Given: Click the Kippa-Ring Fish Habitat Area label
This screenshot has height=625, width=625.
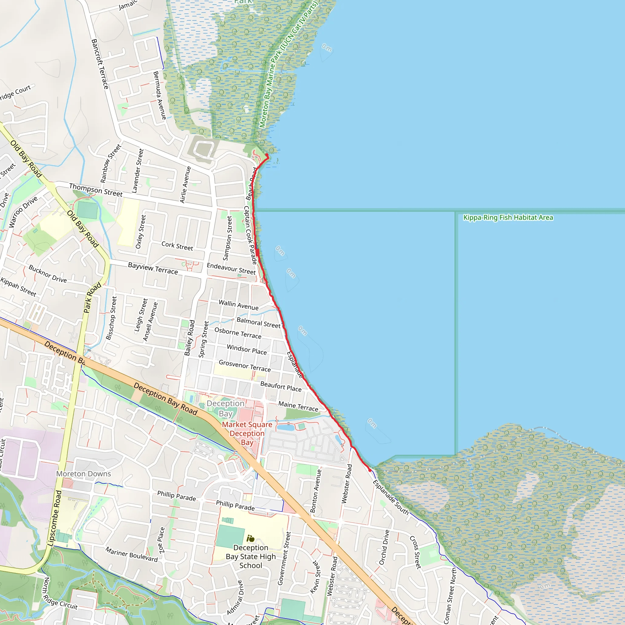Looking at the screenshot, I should pos(508,217).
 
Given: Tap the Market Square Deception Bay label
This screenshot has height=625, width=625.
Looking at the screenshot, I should pos(247,433).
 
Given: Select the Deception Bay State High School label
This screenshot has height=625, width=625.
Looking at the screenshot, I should pos(251,556).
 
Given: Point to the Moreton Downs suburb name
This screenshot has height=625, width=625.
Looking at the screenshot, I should pos(83,474).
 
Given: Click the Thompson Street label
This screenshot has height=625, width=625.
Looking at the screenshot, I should pos(96,190).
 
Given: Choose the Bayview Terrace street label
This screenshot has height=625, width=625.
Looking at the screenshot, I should pos(153,269).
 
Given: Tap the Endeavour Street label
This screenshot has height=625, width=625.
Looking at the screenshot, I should pos(231,269).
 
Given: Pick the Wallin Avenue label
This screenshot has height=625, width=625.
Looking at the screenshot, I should pos(238,305).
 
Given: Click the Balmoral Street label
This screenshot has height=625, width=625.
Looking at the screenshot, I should pos(258,323).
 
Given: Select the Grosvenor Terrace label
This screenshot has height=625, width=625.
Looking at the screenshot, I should pos(244,366).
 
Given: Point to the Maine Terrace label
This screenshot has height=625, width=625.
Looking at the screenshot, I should pos(298,406).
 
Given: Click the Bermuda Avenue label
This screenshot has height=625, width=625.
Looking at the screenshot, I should pos(160,96).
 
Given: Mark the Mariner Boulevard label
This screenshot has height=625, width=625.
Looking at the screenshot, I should pos(131,555).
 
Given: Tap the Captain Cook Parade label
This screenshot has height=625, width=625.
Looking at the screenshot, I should pos(250,235).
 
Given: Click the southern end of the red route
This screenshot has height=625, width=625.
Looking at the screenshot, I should pos(370,470).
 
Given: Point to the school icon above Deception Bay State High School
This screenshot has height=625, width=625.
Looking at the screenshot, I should pos(250,539).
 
